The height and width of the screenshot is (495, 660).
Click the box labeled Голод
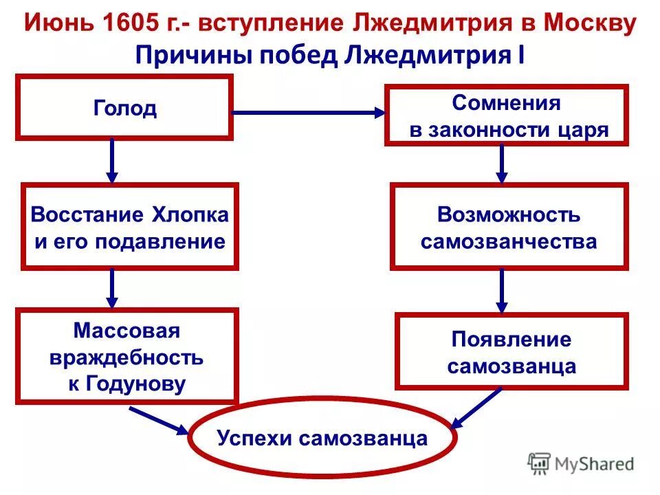(124, 108)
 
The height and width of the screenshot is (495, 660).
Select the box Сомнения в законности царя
(507, 115)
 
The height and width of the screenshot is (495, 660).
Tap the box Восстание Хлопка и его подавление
(129, 227)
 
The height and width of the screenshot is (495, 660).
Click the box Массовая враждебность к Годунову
(127, 356)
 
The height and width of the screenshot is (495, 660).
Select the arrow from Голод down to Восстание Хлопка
(113, 161)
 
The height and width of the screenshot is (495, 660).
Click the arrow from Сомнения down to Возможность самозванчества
(502, 164)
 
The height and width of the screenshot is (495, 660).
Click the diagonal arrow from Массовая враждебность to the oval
(158, 420)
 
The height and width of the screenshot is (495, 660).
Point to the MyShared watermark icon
(540, 464)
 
